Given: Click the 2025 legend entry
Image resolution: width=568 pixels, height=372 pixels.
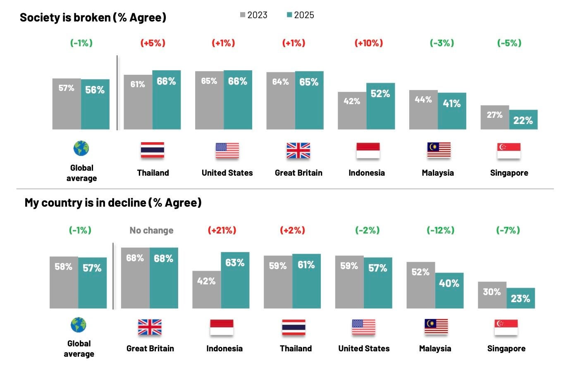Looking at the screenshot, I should point(301,15).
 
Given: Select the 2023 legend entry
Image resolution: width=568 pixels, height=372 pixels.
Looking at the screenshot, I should point(254,15).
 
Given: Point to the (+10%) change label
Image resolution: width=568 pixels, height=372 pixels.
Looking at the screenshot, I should point(369,43).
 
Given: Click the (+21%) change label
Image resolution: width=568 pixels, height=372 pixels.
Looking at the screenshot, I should point(222,230).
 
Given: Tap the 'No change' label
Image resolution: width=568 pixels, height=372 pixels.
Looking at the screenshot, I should point(151,230).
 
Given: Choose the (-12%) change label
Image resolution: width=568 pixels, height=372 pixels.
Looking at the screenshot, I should point(440,230).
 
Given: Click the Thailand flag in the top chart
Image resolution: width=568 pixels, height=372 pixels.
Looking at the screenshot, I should point(152,150).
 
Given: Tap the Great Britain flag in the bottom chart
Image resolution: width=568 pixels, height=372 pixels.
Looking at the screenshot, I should point(150,327).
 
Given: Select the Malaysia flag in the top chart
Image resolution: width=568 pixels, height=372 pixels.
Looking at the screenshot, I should point(439,150).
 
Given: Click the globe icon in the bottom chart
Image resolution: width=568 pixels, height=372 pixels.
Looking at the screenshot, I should point(79,325).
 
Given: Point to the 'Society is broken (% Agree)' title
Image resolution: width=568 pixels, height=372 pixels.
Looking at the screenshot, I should point(93,17).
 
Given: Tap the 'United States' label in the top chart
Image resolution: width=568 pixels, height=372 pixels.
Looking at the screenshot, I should point(227,173).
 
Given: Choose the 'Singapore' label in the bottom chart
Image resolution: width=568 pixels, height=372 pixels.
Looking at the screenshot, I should point(506,348).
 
